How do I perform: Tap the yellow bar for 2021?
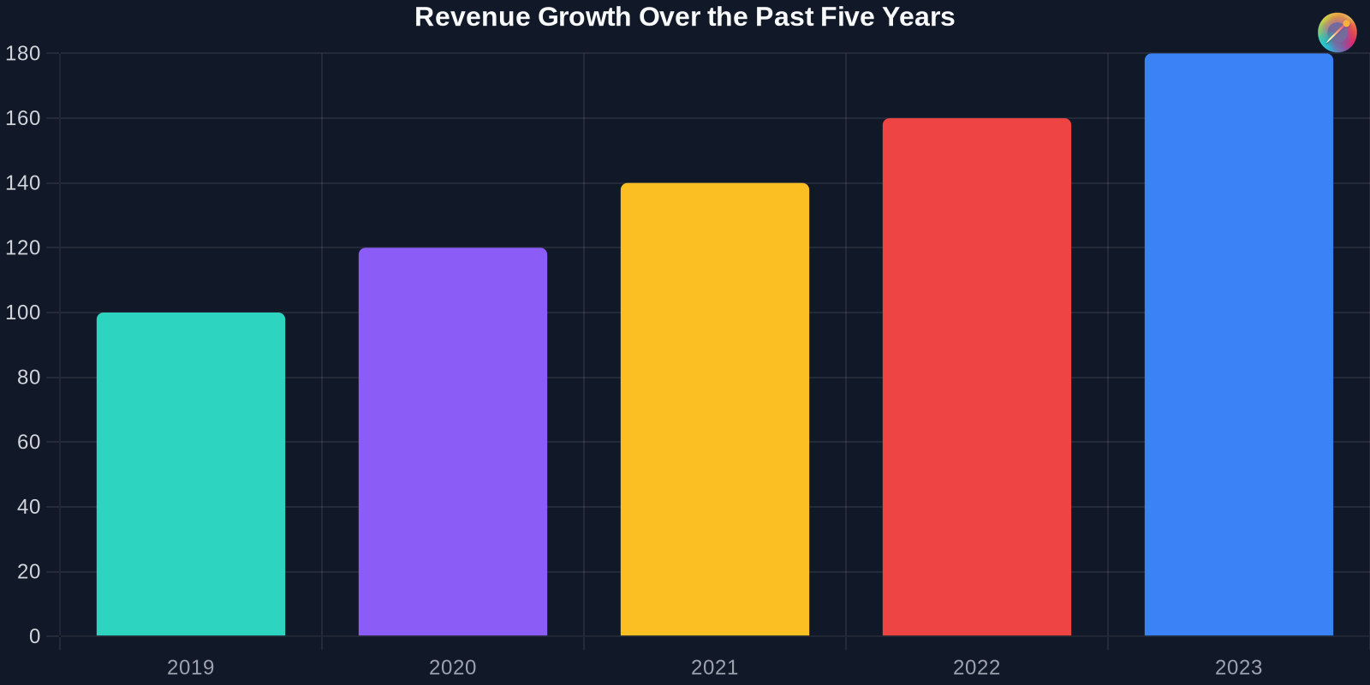715,409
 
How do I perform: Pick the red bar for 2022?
977,377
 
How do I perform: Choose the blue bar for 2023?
1239,344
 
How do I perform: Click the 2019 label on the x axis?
191,667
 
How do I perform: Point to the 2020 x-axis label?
453,667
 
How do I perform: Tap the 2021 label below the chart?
715,667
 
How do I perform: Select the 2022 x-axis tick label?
977,667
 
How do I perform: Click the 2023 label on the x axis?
1239,667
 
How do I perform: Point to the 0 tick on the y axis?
35,636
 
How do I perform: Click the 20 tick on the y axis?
29,571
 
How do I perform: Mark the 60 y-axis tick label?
29,442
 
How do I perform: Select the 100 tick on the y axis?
23,313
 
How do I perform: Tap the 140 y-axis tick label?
23,183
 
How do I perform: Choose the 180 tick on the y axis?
23,54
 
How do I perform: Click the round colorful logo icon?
1337,33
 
